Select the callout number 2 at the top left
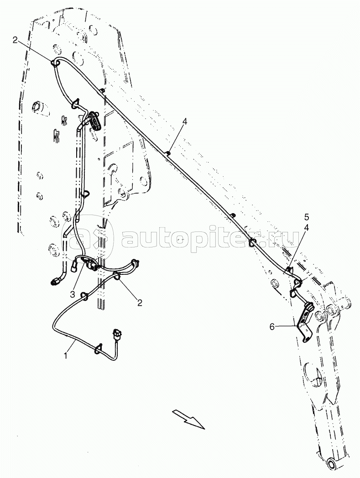[x=15, y=40]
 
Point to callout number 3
[x=73, y=294]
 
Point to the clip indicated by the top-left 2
[x=56, y=63]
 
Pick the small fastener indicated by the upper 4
[x=168, y=152]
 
